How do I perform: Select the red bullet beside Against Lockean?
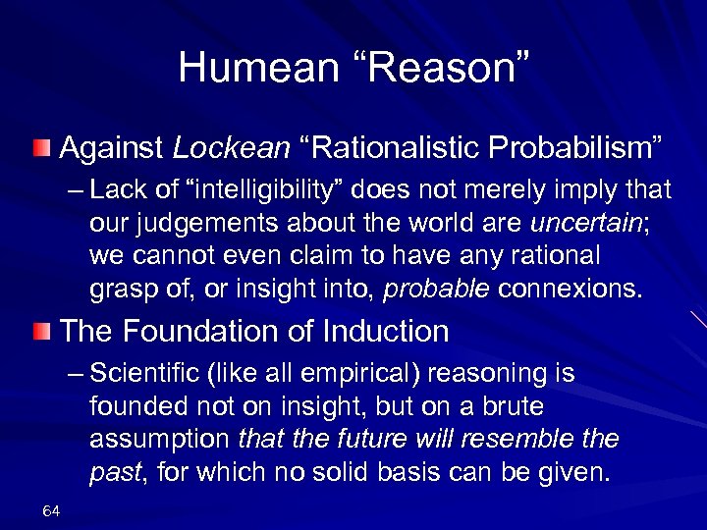point(38,148)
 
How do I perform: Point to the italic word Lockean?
point(232,148)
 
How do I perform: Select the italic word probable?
point(438,289)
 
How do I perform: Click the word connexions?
point(571,289)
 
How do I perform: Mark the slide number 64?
point(52,511)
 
